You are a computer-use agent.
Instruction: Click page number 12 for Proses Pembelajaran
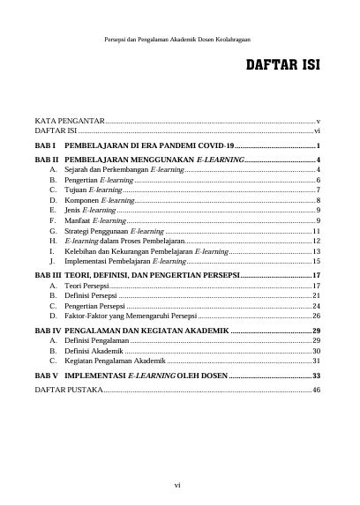pos(315,241)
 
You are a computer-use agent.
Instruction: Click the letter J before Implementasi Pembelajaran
pos(54,262)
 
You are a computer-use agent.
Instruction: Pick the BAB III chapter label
pos(47,276)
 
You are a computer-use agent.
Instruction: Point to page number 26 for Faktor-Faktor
pos(315,316)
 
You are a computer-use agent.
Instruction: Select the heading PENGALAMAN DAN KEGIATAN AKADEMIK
pos(146,331)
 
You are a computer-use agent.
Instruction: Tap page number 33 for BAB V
pos(315,376)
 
